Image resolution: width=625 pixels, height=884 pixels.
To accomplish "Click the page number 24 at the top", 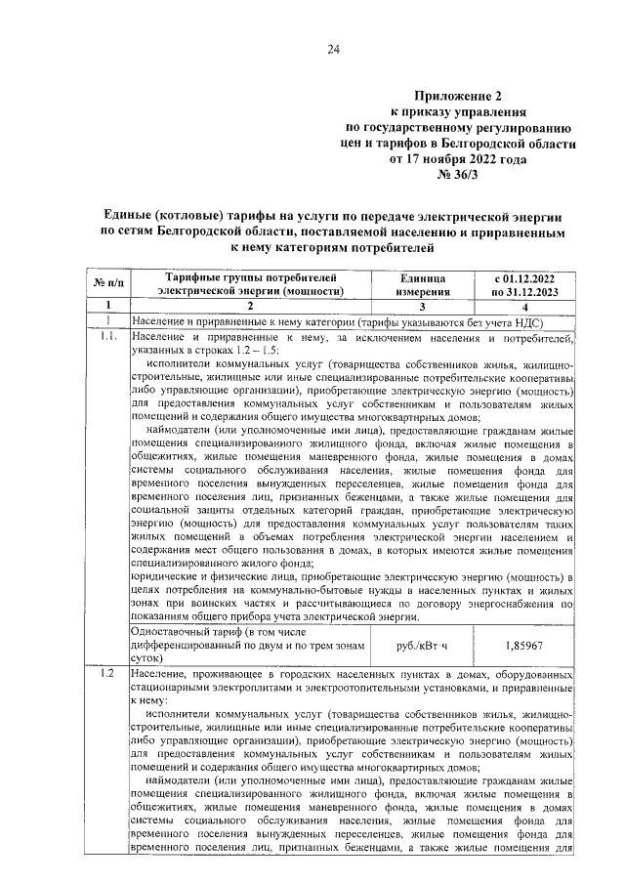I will pos(333,50).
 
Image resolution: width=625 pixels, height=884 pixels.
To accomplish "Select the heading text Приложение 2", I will pos(459,97).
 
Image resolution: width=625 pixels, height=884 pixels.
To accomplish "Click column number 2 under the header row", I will pos(250,307).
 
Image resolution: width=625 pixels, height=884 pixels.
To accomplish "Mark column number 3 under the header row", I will pos(423,307).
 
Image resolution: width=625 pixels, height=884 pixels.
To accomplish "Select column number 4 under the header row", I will pos(531,307).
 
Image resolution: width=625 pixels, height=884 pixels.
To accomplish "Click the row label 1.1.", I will pos(108,337).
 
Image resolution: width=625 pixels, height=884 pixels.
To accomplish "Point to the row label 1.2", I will pos(107,675).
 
